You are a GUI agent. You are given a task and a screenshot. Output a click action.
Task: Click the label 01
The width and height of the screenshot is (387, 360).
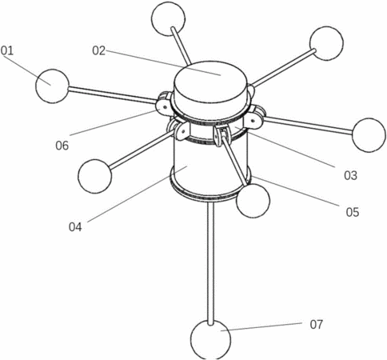(7, 50)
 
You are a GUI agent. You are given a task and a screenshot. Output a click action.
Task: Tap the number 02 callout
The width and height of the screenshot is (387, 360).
(99, 50)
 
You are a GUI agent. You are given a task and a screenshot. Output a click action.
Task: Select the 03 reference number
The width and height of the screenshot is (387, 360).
(350, 175)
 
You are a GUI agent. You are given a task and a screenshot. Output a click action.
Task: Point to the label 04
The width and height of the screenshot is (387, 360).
(75, 227)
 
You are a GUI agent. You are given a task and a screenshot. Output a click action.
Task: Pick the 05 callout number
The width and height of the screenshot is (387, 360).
(353, 212)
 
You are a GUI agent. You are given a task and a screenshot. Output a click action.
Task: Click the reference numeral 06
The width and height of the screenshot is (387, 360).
(62, 146)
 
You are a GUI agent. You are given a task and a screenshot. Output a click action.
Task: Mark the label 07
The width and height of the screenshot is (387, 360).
(317, 325)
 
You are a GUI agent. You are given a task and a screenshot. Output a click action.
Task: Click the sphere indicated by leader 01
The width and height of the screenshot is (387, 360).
(52, 86)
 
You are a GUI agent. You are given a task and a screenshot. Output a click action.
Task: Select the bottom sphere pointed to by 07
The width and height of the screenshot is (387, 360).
(210, 340)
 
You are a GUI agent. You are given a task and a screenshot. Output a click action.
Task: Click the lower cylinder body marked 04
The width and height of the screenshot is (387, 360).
(210, 166)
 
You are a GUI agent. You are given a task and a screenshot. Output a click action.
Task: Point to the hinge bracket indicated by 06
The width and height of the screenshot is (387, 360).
(163, 106)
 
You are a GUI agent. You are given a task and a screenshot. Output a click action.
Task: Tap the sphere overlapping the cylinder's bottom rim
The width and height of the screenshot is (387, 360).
(253, 201)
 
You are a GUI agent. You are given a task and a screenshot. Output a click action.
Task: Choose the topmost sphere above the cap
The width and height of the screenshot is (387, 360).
(168, 18)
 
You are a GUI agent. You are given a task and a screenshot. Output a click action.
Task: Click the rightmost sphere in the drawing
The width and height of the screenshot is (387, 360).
(369, 135)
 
